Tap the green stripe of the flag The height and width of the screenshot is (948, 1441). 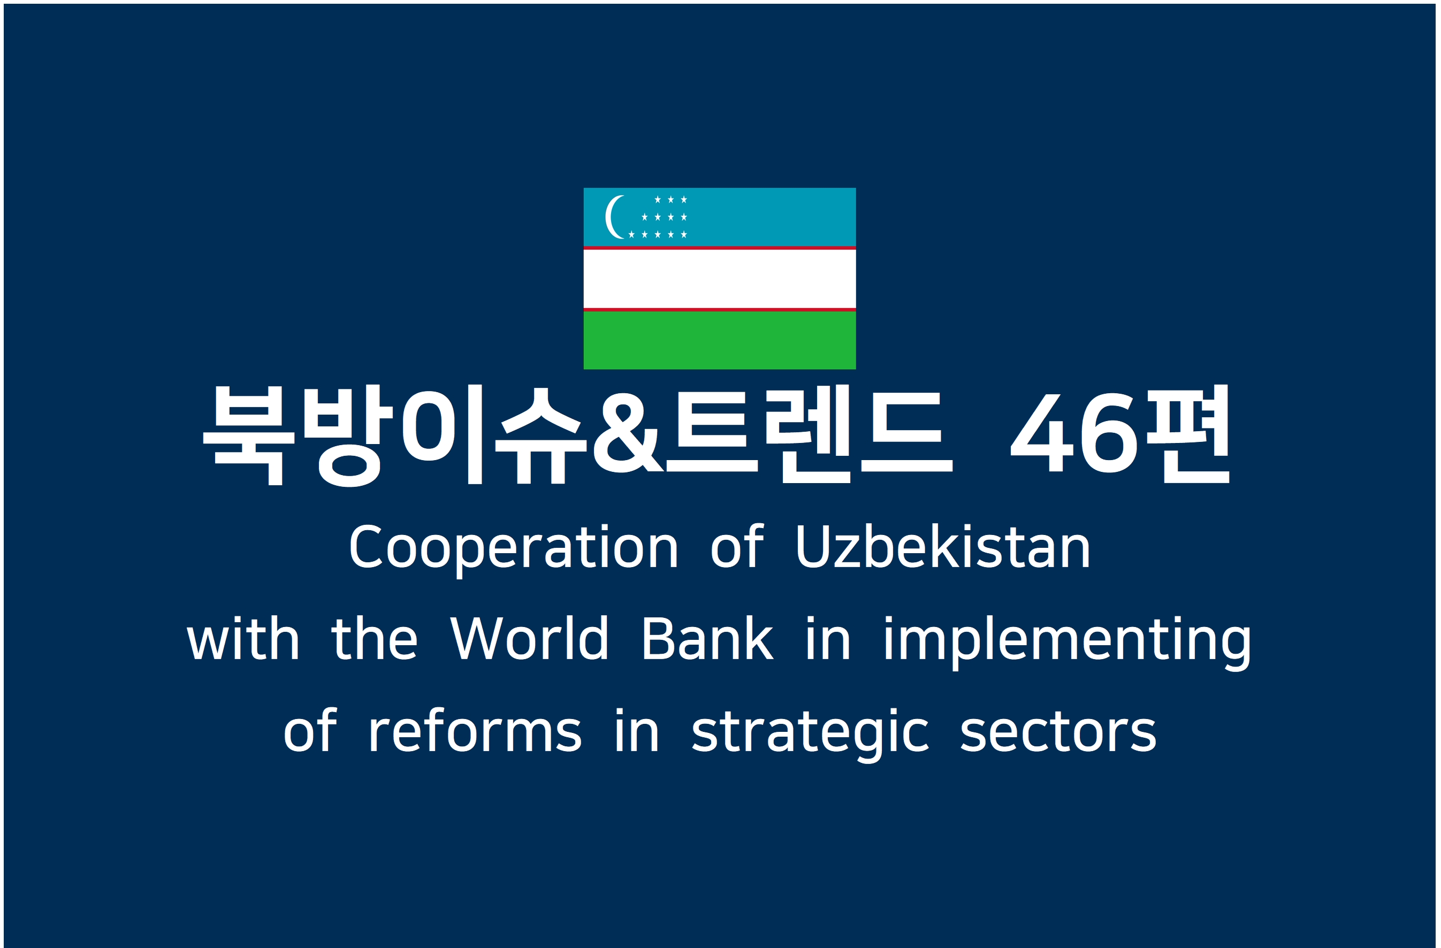click(x=719, y=340)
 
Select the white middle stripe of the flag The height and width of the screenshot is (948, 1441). click(x=719, y=279)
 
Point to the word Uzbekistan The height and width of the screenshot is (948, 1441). click(x=943, y=547)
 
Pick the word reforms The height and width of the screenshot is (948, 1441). click(x=475, y=730)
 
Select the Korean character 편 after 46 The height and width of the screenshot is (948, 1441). click(x=1188, y=433)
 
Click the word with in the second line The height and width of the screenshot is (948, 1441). click(x=243, y=639)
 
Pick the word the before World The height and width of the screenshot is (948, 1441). click(x=374, y=639)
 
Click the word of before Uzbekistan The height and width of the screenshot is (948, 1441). click(x=737, y=547)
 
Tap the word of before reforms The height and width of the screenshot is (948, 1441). click(x=309, y=730)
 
